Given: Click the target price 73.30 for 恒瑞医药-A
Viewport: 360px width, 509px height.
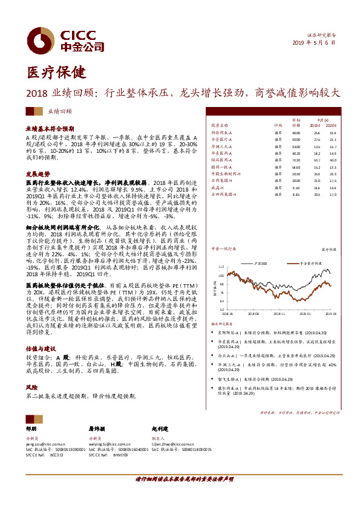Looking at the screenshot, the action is tap(296, 160).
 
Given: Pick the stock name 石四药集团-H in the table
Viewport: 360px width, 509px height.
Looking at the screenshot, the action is tap(224, 194).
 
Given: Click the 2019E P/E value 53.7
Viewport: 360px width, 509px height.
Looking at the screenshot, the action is tap(317, 160).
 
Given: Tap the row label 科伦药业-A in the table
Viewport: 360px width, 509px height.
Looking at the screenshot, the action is tap(221, 132).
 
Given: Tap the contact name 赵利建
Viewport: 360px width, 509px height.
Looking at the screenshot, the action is tap(162, 428).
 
